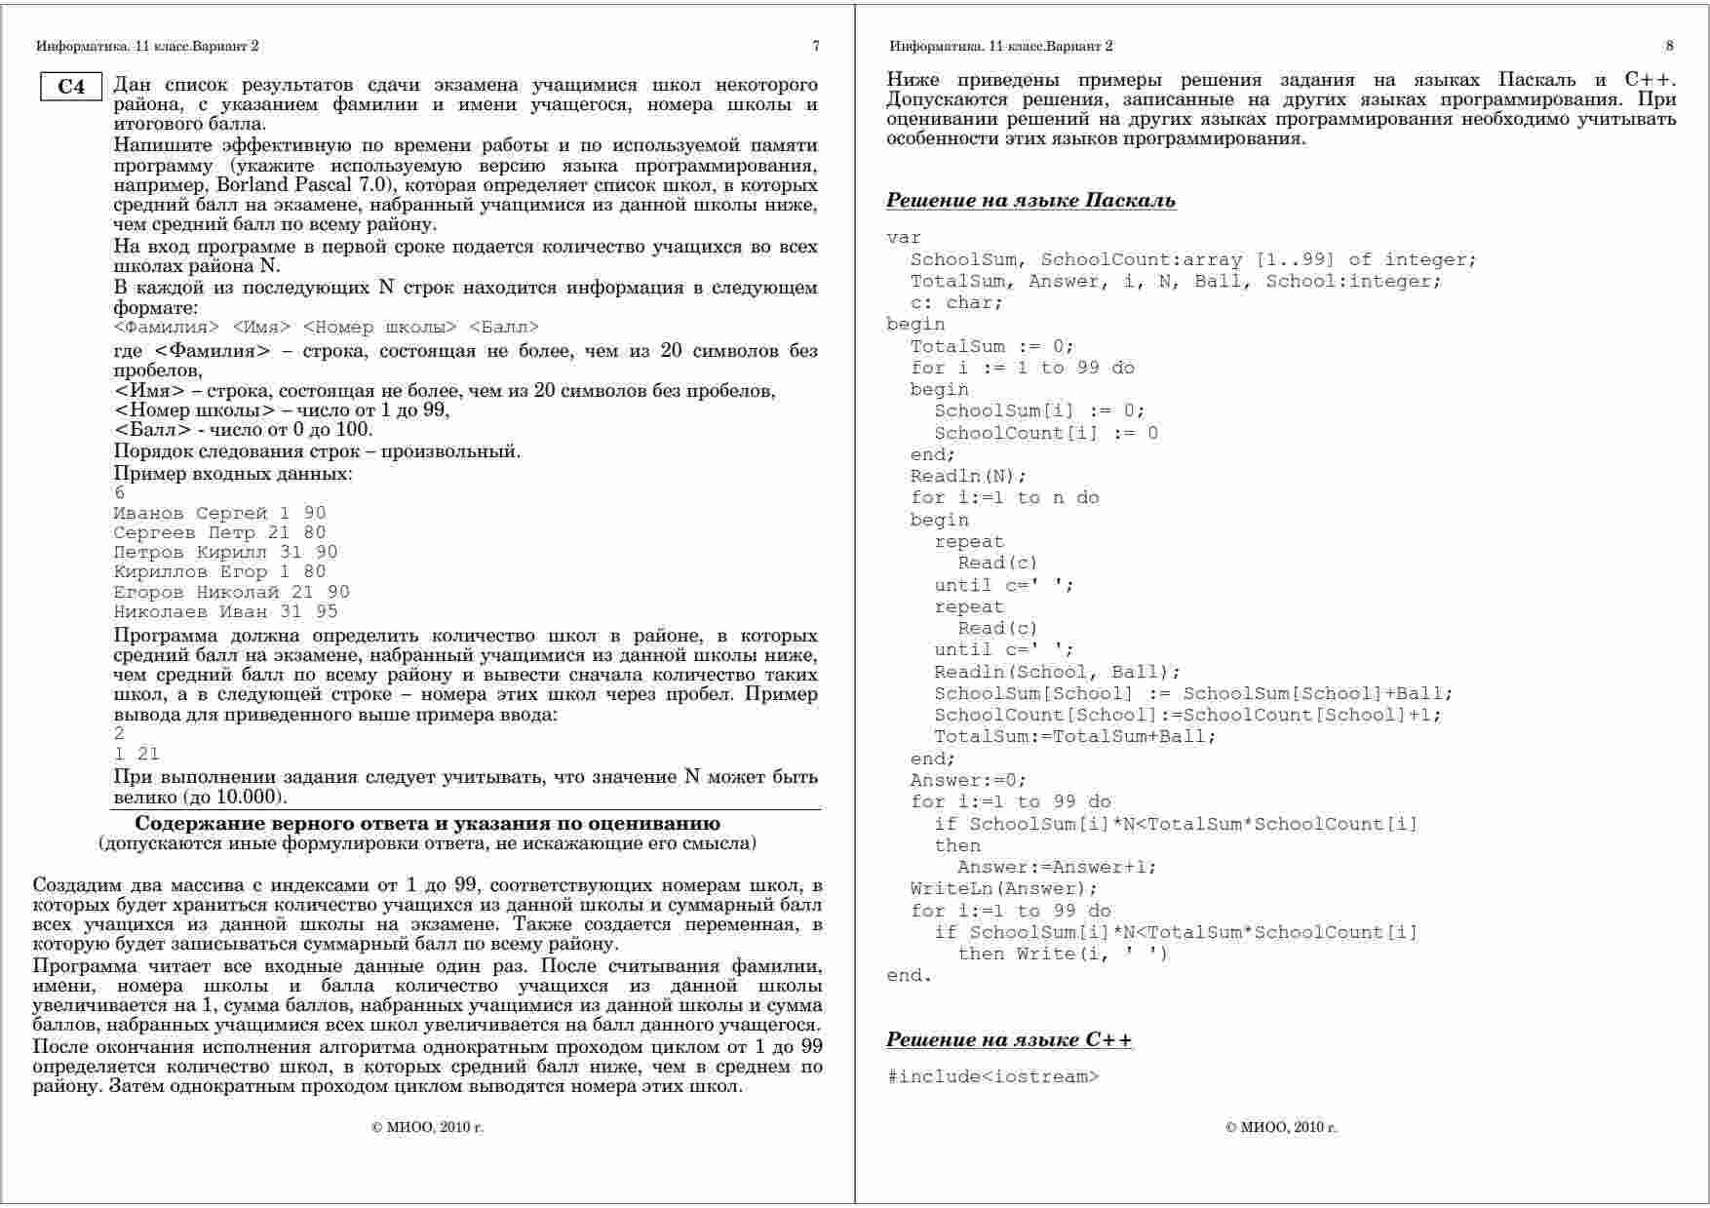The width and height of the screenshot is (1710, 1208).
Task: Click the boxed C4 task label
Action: tap(71, 87)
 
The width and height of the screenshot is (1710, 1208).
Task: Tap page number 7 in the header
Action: tap(815, 46)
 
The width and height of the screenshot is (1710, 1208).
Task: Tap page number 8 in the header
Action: tap(1669, 46)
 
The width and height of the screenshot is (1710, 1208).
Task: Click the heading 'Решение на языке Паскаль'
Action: tap(1030, 201)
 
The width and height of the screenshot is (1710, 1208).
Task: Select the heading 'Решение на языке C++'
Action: tap(1009, 1039)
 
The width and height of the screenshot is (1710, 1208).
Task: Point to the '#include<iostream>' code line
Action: tap(992, 1076)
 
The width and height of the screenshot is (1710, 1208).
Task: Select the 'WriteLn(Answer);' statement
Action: tap(1003, 888)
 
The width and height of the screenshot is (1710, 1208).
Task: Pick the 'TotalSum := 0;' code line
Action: tap(991, 346)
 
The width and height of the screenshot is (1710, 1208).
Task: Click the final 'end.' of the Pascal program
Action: tap(909, 975)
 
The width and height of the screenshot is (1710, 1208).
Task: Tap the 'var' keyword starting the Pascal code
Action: tap(904, 237)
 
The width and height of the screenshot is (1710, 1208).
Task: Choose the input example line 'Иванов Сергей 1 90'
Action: tap(219, 513)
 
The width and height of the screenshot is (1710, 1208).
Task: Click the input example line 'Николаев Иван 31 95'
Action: tap(225, 611)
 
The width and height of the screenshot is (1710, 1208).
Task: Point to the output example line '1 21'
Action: tap(136, 754)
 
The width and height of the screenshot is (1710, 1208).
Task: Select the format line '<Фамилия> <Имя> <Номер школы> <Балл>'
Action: tap(326, 327)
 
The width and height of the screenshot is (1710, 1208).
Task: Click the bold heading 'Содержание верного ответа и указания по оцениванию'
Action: tap(427, 824)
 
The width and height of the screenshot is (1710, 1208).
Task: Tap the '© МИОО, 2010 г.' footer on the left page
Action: tap(428, 1127)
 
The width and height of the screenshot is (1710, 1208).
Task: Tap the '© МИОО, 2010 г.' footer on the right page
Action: tap(1281, 1127)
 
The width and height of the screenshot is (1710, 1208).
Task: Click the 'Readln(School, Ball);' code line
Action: tap(1057, 672)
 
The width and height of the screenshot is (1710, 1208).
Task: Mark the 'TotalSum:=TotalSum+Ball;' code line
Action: tap(1074, 736)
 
